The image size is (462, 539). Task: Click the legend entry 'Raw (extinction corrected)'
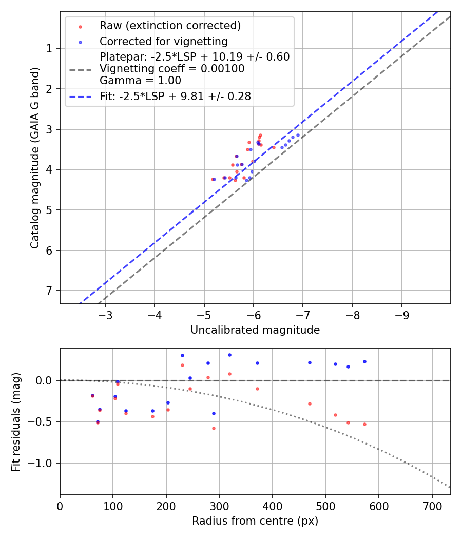pyautogui.click(x=170, y=26)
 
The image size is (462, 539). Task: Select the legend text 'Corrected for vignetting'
pyautogui.click(x=163, y=41)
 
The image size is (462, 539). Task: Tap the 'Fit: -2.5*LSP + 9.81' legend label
pyautogui.click(x=175, y=96)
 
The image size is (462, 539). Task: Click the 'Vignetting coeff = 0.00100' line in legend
pyautogui.click(x=172, y=69)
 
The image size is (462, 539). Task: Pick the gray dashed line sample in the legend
pyautogui.click(x=80, y=69)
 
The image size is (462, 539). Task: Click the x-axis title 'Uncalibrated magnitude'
pyautogui.click(x=255, y=330)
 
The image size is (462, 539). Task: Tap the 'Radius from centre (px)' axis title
pyautogui.click(x=255, y=521)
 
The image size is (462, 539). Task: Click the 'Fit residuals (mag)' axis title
pyautogui.click(x=16, y=421)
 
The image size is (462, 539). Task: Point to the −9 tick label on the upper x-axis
pyautogui.click(x=401, y=314)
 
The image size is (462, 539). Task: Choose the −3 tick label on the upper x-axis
pyautogui.click(x=105, y=314)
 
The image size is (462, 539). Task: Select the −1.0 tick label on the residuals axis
pyautogui.click(x=43, y=464)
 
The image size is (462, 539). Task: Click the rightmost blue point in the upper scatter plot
pyautogui.click(x=298, y=135)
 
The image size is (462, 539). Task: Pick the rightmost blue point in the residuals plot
pyautogui.click(x=364, y=361)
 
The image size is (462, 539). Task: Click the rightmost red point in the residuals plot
pyautogui.click(x=364, y=424)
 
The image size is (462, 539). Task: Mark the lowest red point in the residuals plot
pyautogui.click(x=214, y=428)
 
